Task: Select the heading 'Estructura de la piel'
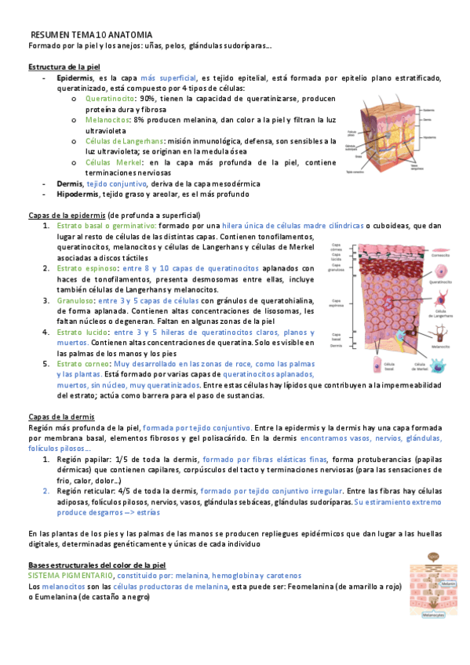(x=62, y=67)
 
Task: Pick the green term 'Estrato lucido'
(x=80, y=332)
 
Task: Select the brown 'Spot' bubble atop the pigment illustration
(x=432, y=555)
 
